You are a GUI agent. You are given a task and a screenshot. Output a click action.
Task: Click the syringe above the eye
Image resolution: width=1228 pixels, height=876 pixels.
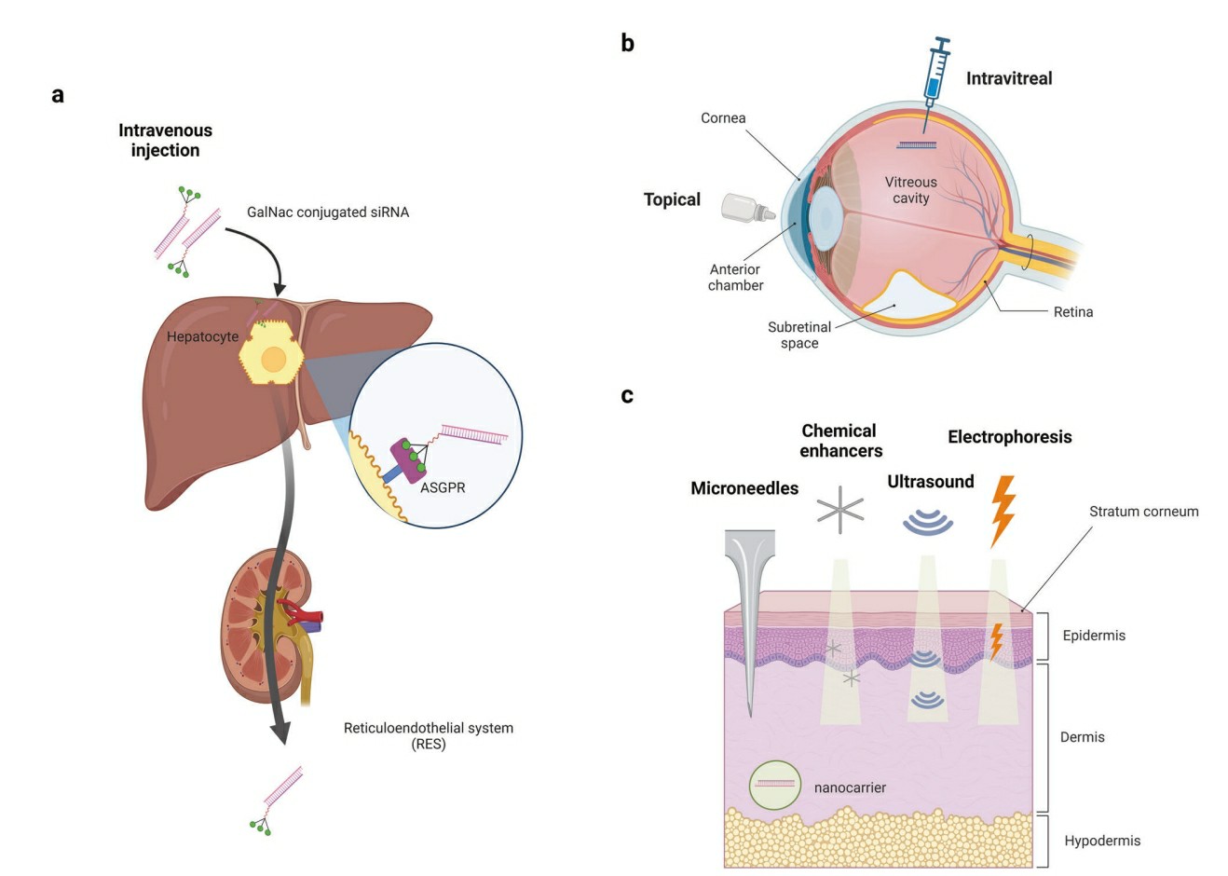(x=935, y=75)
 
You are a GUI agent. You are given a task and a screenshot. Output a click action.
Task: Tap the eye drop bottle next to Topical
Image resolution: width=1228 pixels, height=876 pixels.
(x=748, y=207)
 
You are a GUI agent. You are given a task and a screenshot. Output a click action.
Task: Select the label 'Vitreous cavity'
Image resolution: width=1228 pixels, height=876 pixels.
(x=910, y=190)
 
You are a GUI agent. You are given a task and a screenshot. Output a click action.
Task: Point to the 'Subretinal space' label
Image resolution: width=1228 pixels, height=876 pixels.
(x=798, y=335)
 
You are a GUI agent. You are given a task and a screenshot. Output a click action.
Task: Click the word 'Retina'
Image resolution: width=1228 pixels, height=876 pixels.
(x=1072, y=312)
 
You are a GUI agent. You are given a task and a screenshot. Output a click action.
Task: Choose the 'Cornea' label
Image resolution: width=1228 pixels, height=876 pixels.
(x=723, y=118)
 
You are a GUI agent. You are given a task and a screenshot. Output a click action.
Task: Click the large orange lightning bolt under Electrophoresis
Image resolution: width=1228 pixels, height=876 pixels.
(x=1003, y=510)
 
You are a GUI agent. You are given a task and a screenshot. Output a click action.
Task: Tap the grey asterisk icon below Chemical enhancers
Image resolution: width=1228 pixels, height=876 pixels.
(x=840, y=509)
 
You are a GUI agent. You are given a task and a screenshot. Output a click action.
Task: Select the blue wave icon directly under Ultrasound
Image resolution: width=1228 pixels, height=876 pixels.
(x=928, y=520)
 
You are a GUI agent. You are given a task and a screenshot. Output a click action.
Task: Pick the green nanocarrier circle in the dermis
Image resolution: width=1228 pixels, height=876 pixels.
(x=774, y=785)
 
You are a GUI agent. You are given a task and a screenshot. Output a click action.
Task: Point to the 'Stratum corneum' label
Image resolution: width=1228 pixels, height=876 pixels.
(x=1143, y=512)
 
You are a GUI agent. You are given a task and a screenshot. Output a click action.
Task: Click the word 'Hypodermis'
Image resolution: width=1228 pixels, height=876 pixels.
(x=1102, y=841)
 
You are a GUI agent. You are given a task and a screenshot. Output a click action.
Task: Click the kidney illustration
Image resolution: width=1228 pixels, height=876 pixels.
(x=266, y=624)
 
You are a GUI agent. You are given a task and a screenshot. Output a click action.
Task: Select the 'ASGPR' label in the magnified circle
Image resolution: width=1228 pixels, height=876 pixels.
(x=443, y=487)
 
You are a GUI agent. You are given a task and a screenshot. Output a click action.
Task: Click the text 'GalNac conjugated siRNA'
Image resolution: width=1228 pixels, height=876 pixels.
(x=328, y=212)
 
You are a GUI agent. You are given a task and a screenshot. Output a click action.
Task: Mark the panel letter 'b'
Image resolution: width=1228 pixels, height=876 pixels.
(x=628, y=43)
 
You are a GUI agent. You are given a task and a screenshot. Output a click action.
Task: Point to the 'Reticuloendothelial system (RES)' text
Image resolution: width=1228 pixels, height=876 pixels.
(x=428, y=735)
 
